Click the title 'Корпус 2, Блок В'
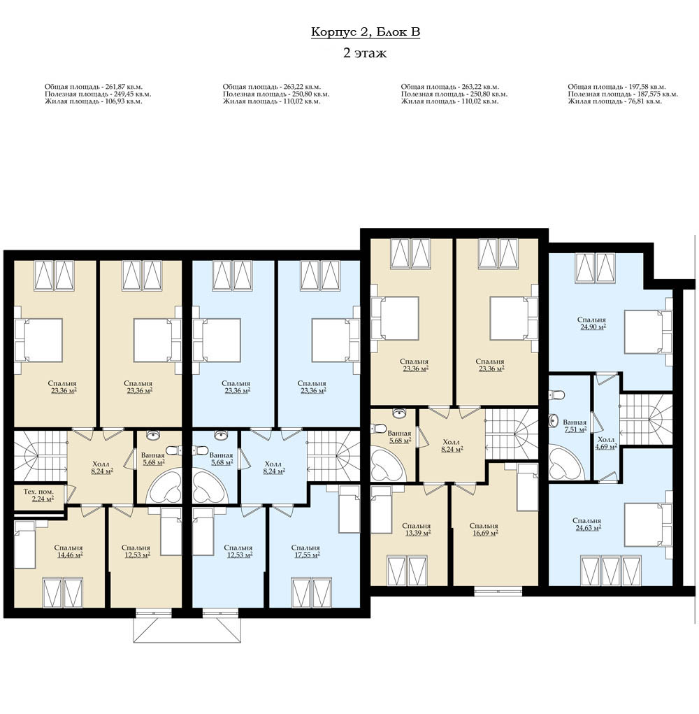tap(366, 32)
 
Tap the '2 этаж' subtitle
tap(365, 53)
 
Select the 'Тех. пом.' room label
tap(38, 492)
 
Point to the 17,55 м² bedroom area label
tap(307, 555)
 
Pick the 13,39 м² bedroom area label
tap(418, 533)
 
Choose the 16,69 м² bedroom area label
tap(485, 533)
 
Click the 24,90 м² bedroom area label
tap(593, 327)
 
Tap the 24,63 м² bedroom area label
tap(588, 528)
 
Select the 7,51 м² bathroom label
tap(575, 429)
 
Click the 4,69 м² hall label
tap(606, 447)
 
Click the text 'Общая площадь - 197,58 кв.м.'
tap(617, 87)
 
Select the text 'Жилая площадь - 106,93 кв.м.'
tap(93, 101)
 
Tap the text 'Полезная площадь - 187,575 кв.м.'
tap(623, 94)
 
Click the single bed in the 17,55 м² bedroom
tap(349, 508)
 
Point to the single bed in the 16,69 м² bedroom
tap(528, 487)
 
